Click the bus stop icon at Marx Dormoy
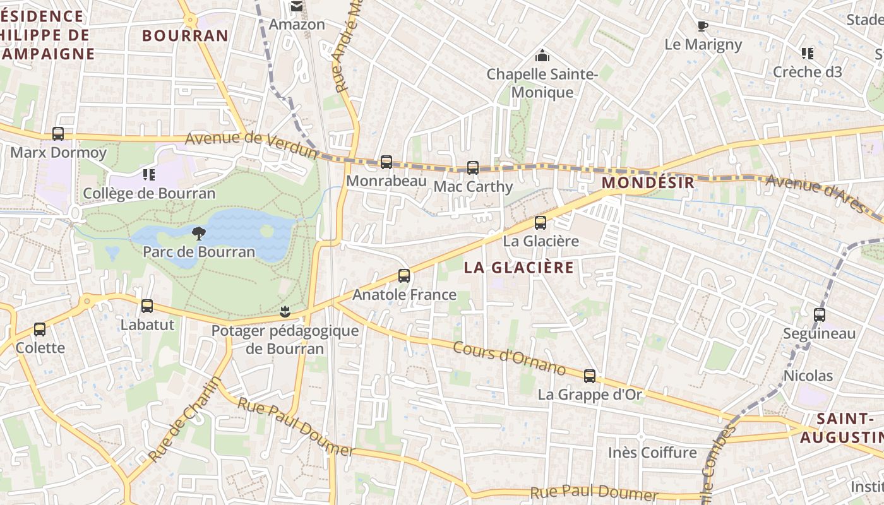(58, 134)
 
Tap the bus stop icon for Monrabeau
(386, 162)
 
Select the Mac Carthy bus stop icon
(473, 168)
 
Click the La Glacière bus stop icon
(541, 222)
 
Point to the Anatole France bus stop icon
(404, 276)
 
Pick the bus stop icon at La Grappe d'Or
(590, 376)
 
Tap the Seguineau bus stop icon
(820, 314)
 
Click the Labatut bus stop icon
(147, 306)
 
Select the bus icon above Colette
(40, 329)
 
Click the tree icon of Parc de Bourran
(198, 234)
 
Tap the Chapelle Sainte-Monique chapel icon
(542, 56)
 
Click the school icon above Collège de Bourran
(149, 174)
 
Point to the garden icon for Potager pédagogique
(285, 311)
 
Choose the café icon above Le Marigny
(702, 26)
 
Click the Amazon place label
(297, 25)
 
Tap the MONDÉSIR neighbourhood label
(648, 183)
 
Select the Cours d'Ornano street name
(509, 358)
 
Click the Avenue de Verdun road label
(251, 145)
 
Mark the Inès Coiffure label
(652, 453)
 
